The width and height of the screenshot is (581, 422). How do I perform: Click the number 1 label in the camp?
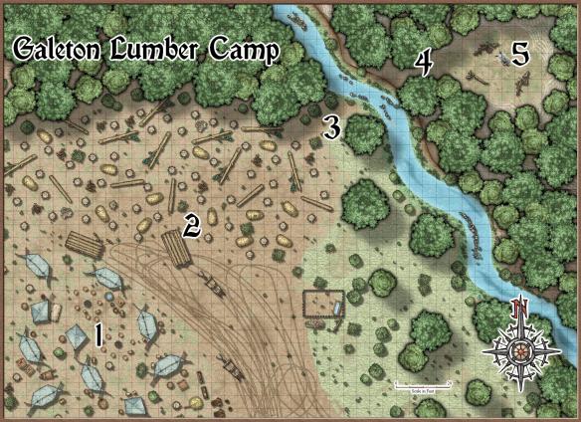pos(97,333)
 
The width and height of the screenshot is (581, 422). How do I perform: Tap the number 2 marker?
pos(193,225)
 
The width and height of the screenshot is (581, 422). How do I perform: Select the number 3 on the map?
pos(332,127)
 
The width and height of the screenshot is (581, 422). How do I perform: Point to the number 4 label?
pos(424,63)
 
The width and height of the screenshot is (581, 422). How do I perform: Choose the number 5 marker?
pos(519,55)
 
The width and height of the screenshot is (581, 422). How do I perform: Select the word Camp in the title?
pos(245,52)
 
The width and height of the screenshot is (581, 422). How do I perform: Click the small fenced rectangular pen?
pos(323,309)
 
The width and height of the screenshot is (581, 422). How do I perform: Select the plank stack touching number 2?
pos(175,248)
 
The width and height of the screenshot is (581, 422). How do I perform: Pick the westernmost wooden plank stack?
pos(84,245)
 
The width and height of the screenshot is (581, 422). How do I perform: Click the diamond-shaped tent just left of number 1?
pos(76,338)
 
